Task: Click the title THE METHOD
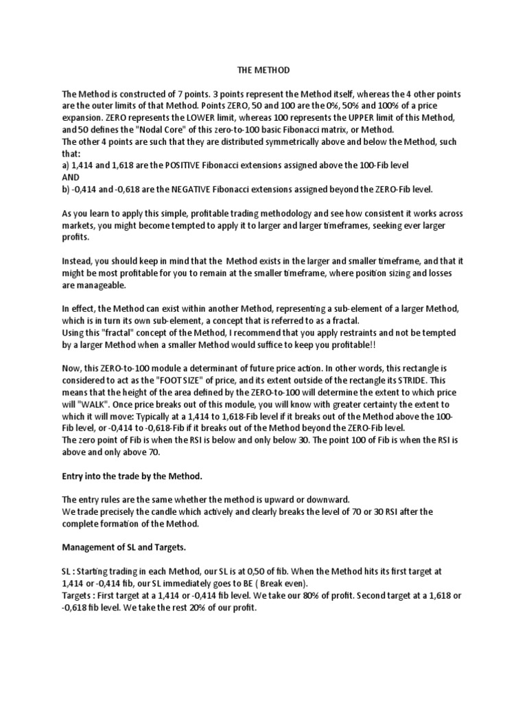tap(263, 70)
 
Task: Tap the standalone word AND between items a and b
tap(71, 176)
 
